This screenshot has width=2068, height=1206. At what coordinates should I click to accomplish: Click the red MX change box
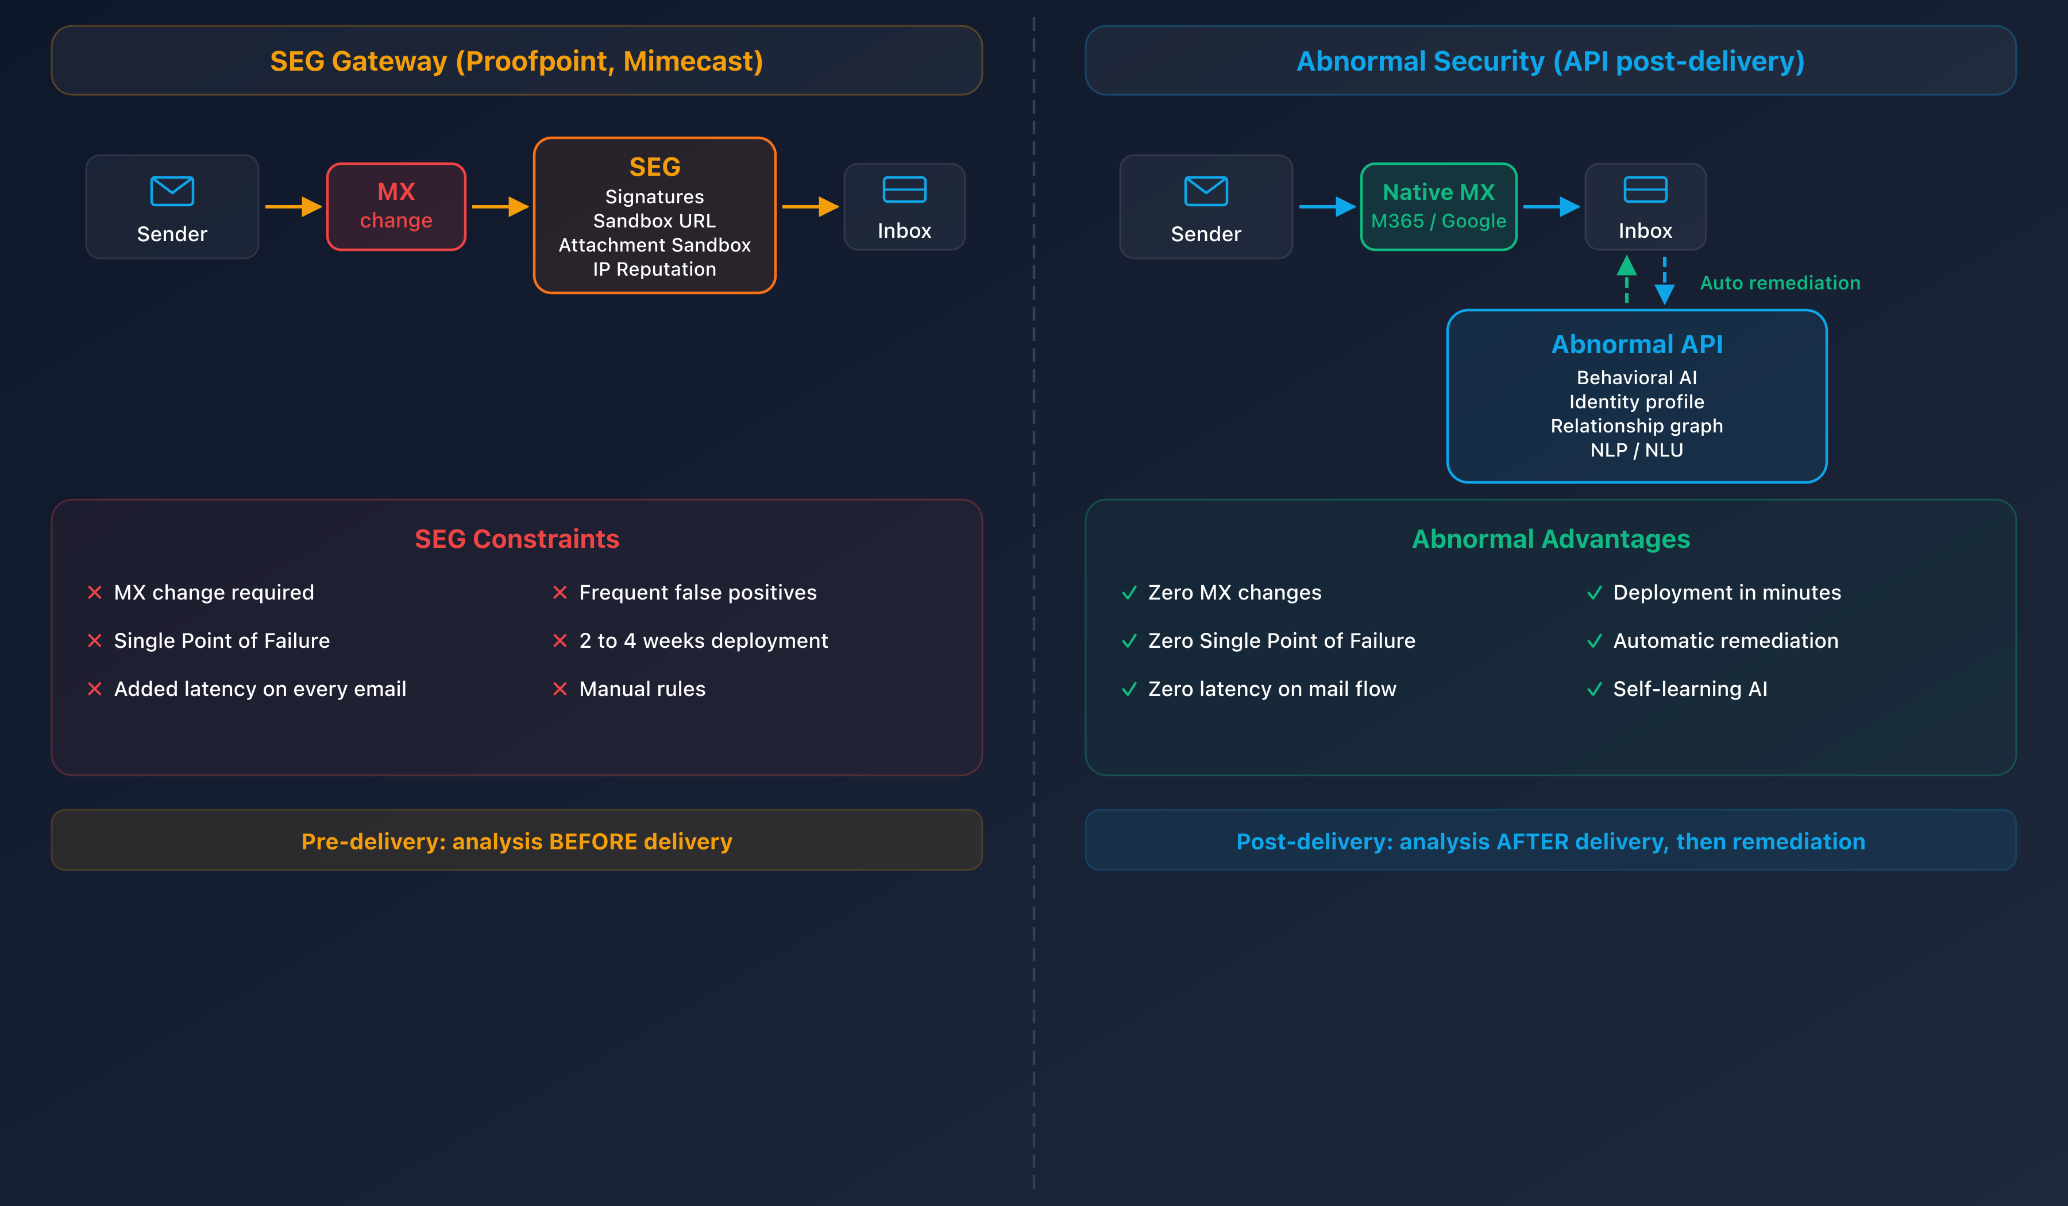396,206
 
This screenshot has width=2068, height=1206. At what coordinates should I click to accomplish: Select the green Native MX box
1438,206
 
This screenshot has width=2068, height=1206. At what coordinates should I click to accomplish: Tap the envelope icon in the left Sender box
172,191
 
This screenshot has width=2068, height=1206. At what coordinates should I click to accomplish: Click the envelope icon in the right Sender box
1206,191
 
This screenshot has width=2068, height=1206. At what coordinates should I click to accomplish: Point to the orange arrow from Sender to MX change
292,207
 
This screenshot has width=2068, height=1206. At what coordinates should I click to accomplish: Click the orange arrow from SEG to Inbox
809,207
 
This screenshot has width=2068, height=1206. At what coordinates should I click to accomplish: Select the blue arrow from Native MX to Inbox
1550,207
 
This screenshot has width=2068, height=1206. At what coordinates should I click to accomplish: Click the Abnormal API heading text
1637,344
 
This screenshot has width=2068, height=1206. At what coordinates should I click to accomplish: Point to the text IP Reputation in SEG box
654,269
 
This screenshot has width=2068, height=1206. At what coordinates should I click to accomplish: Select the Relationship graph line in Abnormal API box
1637,426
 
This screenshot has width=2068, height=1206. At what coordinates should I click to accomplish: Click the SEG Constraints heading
516,539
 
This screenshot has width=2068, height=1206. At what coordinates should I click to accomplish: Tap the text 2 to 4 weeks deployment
703,641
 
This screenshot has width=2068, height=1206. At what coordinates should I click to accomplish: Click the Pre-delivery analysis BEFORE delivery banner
516,841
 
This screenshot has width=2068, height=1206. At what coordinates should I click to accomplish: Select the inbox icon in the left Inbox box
904,190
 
